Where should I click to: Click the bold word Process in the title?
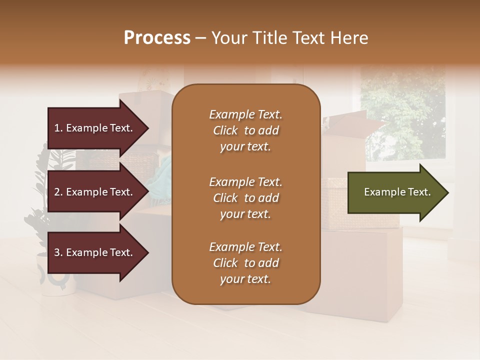coord(157,38)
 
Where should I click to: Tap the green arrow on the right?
coord(395,192)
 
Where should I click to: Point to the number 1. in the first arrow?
coord(58,128)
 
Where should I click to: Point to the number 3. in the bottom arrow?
coord(58,252)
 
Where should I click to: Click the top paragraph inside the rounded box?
coord(245,130)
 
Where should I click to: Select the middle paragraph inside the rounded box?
coord(245,198)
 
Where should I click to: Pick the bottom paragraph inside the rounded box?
coord(245,263)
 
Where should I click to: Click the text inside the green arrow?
coord(397,192)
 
